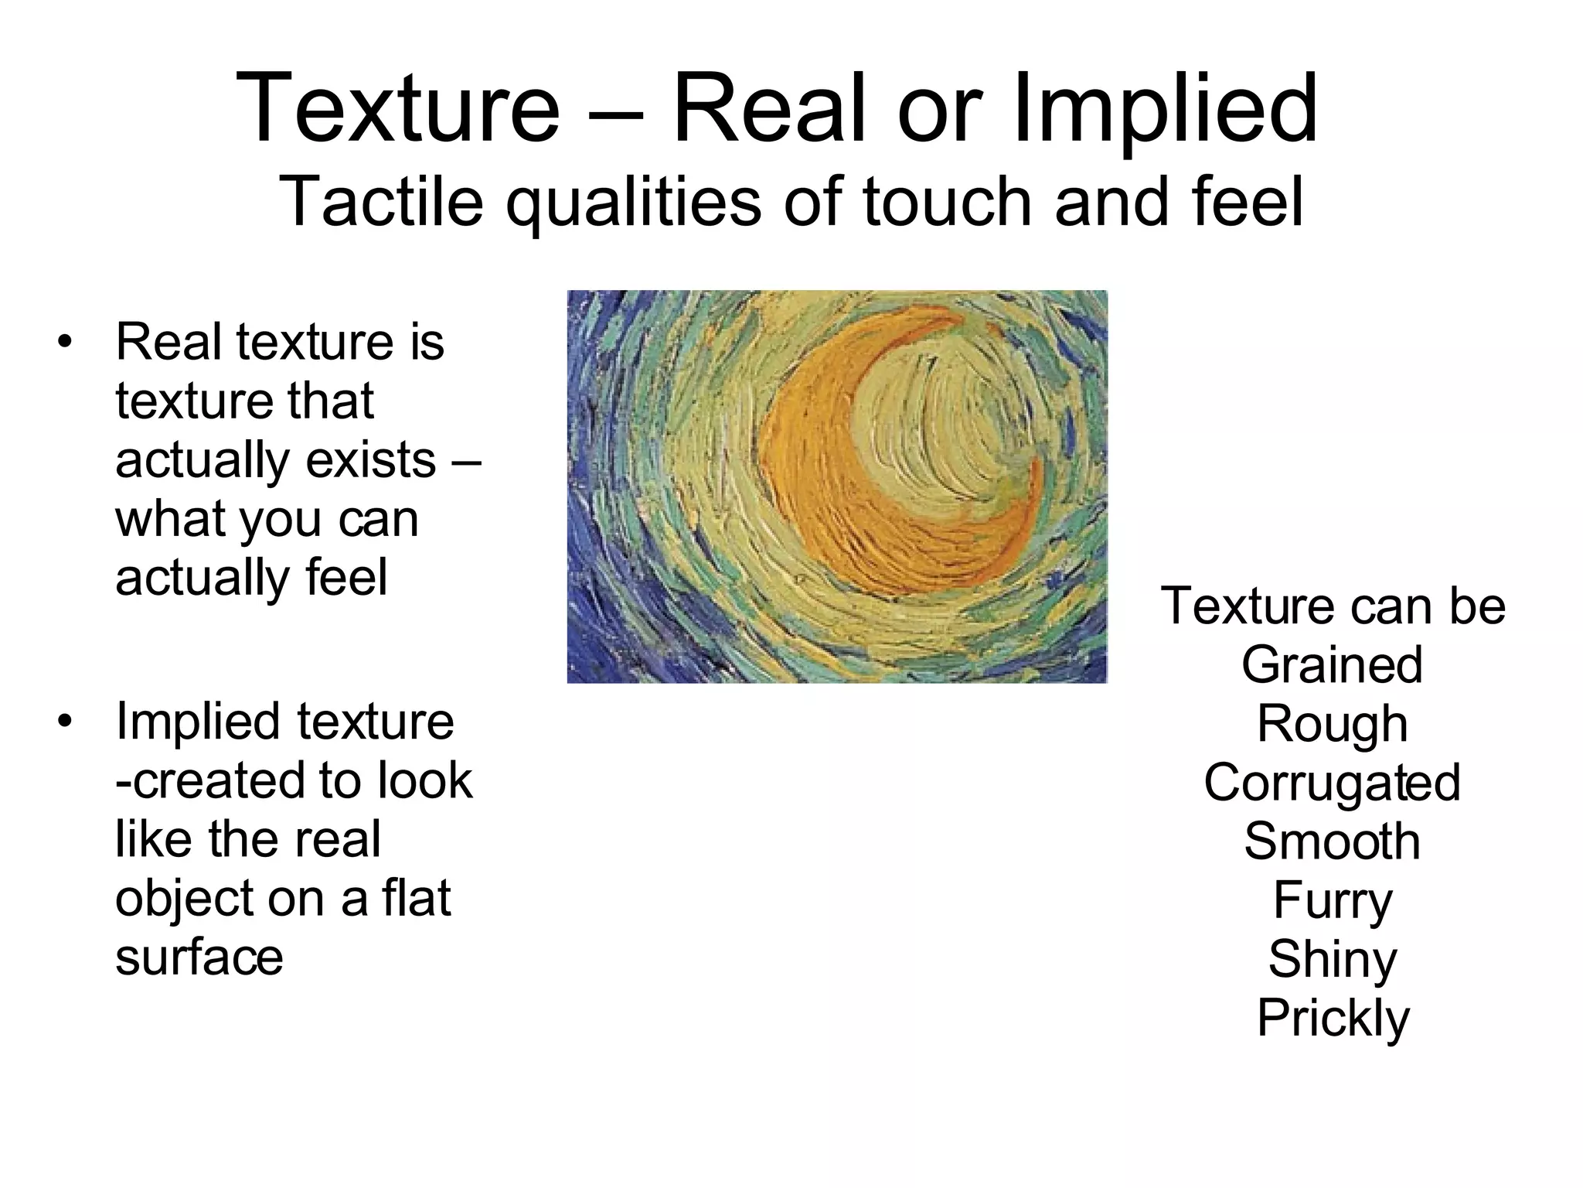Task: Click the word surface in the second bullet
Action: [199, 957]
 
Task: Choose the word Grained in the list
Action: [1332, 664]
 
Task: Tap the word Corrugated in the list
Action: [1332, 782]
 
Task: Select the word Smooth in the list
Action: [1332, 841]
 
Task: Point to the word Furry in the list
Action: [1332, 900]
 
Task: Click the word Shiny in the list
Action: [1332, 959]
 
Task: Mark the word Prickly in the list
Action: [1333, 1018]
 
